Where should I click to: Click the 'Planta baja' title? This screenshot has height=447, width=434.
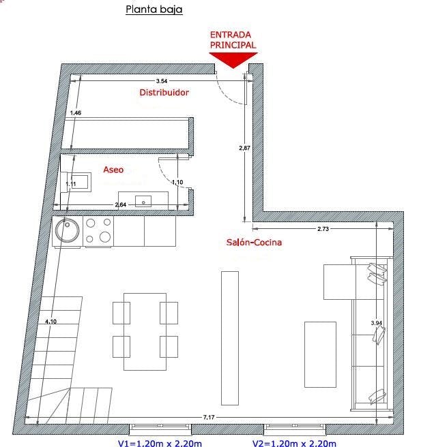154,10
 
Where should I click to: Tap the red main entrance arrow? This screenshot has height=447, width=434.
233,60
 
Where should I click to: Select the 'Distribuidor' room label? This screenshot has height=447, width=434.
164,93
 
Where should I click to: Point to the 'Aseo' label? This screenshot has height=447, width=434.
113,170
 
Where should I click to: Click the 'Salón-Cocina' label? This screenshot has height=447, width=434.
254,243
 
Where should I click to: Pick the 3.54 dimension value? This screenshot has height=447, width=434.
162,81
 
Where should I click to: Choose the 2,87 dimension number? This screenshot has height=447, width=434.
245,148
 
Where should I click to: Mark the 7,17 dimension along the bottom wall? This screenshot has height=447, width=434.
209,417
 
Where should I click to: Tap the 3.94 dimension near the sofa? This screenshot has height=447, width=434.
376,323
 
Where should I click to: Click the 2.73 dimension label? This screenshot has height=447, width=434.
323,229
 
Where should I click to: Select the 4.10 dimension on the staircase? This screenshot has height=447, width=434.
50,322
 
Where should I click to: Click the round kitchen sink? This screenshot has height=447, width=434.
68,230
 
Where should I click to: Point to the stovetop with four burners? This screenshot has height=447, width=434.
98,231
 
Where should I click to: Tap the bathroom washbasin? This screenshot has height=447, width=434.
143,201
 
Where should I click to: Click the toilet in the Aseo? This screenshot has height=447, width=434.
76,182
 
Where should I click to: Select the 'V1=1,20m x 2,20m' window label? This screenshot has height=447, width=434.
160,443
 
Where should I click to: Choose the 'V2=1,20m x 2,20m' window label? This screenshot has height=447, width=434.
294,443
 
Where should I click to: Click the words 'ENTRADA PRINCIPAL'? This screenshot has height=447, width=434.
233,40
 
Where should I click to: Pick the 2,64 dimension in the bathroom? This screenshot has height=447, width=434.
121,204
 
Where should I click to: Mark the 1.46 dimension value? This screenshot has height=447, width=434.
76,113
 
